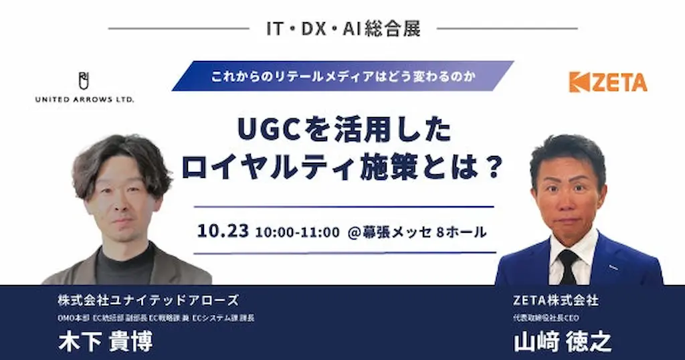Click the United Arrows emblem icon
coord(84,81)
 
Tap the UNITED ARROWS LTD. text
coord(84,100)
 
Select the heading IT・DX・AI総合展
coord(342,29)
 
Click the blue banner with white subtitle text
coord(342,76)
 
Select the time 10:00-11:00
coord(298,232)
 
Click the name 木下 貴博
coord(106,341)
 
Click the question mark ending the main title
coord(493,167)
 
